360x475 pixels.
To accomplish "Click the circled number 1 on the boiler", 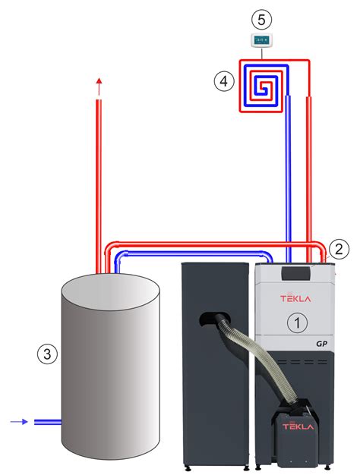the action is pyautogui.click(x=297, y=322).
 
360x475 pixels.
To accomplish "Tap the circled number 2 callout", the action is pyautogui.click(x=339, y=249).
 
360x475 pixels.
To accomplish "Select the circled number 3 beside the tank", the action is pyautogui.click(x=47, y=354).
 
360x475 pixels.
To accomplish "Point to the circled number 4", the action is pyautogui.click(x=224, y=81).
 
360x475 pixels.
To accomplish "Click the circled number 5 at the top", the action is pyautogui.click(x=261, y=20).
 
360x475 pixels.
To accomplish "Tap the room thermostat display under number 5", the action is pyautogui.click(x=261, y=40).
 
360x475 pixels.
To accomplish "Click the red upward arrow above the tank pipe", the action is pyautogui.click(x=99, y=87).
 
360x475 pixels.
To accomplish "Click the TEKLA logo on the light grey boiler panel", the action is pyautogui.click(x=295, y=298).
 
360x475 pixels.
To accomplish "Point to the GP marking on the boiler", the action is pyautogui.click(x=321, y=344).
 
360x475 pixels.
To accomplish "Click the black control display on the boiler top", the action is pyautogui.click(x=296, y=273).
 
